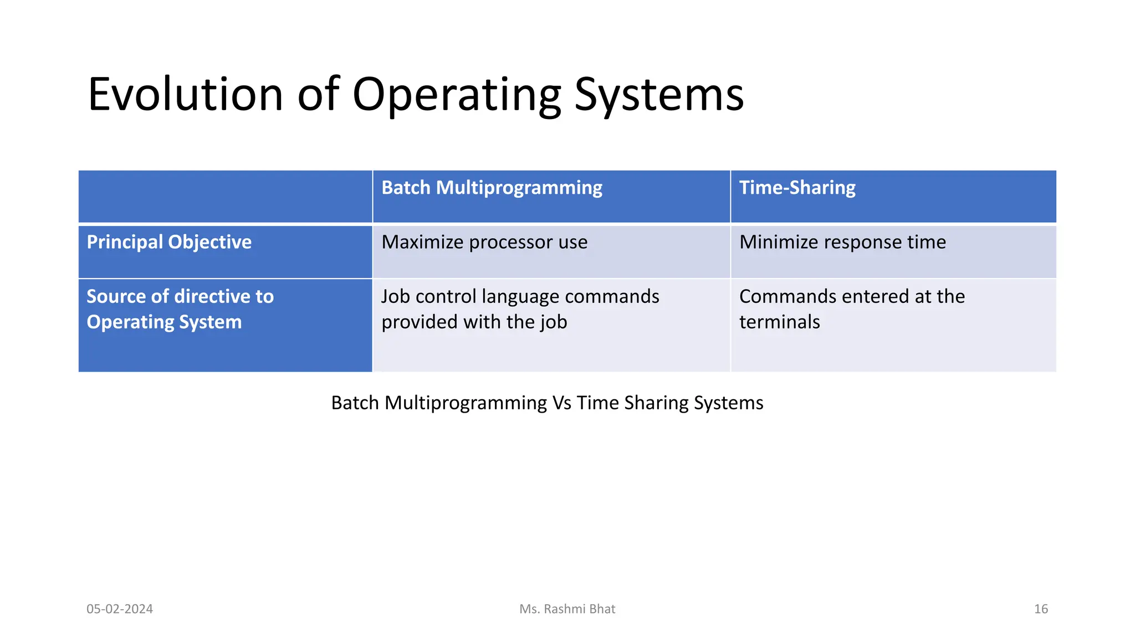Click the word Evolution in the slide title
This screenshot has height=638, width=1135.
click(x=185, y=94)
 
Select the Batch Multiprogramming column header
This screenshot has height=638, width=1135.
click(x=492, y=188)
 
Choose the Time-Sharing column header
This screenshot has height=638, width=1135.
click(x=797, y=188)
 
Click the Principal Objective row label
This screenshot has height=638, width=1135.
click(x=169, y=242)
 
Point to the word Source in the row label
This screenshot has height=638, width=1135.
click(x=116, y=296)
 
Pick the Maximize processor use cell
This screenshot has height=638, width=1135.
click(x=484, y=242)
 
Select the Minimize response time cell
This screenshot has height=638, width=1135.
click(x=842, y=242)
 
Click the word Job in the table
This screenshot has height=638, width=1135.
click(x=395, y=296)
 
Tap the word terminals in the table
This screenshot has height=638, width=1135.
click(x=779, y=322)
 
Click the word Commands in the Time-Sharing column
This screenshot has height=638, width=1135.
click(x=787, y=296)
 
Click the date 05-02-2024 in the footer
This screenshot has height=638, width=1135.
click(x=120, y=609)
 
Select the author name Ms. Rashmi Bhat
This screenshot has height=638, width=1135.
click(x=567, y=609)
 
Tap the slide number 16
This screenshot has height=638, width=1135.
click(x=1041, y=609)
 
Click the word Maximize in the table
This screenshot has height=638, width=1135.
click(x=422, y=242)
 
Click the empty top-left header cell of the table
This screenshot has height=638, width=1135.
click(x=225, y=196)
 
